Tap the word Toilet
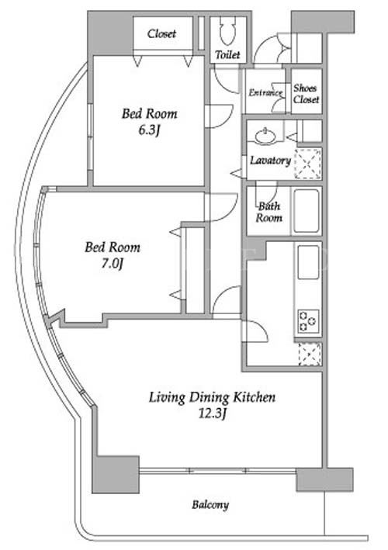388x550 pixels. [227, 55]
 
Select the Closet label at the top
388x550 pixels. [161, 33]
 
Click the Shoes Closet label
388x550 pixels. [307, 94]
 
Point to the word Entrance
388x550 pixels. [265, 92]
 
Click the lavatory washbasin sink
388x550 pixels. [265, 136]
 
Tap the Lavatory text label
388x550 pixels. [270, 161]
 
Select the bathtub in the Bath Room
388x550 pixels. [307, 211]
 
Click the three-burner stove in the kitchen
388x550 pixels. [308, 321]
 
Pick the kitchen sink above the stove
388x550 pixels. [308, 262]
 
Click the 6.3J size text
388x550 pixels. [150, 130]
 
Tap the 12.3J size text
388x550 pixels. [212, 414]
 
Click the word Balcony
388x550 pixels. [210, 505]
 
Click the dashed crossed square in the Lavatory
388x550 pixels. [307, 164]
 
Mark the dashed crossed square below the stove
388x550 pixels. [310, 354]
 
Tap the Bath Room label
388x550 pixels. [268, 213]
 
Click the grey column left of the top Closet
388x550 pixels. [110, 33]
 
